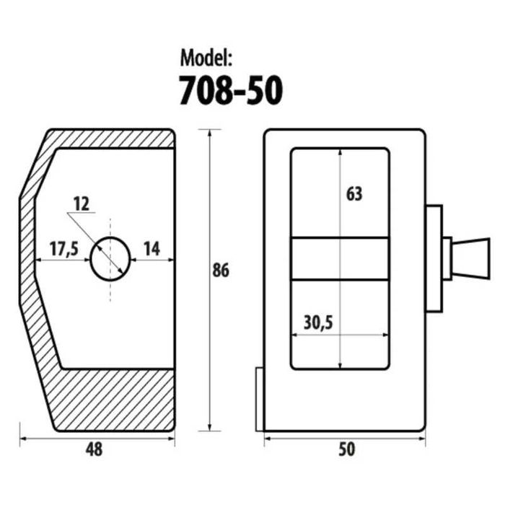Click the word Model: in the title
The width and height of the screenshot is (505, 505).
coord(206,58)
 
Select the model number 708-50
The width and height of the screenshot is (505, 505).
coord(231,90)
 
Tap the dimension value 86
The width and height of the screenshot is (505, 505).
coord(221,270)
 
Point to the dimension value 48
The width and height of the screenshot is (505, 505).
coord(94,449)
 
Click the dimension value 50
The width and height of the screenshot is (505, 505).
coord(346,449)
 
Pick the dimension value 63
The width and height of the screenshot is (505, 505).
coord(354,194)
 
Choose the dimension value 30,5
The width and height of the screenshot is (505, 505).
coord(318,322)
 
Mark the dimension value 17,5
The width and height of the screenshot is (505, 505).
coord(64,249)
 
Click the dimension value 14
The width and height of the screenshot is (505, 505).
coord(151,249)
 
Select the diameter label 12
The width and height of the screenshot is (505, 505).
coord(81,204)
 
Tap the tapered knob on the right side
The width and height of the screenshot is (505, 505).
coord(471,258)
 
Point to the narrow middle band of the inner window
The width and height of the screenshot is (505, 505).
coord(340,258)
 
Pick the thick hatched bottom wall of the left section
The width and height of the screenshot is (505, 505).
coord(114,400)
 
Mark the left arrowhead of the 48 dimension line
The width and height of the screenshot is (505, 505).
coord(24,439)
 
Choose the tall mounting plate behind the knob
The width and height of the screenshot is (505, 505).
coord(434,258)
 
